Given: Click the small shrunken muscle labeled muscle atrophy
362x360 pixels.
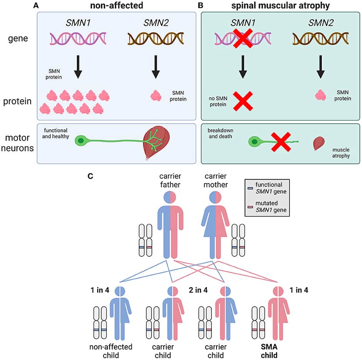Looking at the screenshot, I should (x=320, y=144).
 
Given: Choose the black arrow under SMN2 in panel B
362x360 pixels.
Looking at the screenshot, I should (x=320, y=69).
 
